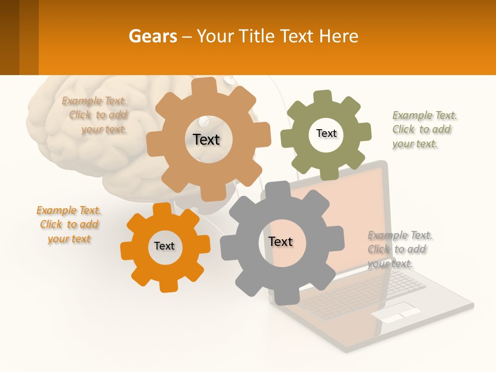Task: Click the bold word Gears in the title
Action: (x=152, y=36)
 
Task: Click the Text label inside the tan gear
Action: (x=206, y=139)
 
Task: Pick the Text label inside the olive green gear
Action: (x=326, y=133)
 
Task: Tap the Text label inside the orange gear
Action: (x=164, y=246)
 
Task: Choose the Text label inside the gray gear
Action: (x=281, y=241)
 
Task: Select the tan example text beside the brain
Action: (x=96, y=115)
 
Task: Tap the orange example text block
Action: (x=69, y=225)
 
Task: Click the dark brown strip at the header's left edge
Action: (x=9, y=37)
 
